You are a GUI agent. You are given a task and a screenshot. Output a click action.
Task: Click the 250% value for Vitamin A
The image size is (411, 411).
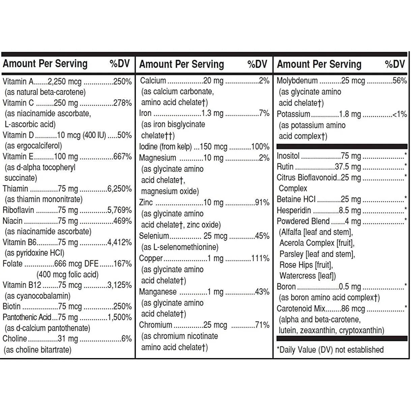[122, 81]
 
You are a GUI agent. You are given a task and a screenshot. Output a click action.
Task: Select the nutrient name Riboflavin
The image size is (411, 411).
[18, 210]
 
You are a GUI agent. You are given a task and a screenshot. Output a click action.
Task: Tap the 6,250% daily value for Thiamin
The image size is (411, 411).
[119, 189]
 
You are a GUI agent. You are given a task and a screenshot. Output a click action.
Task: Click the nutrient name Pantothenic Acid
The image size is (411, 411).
[27, 317]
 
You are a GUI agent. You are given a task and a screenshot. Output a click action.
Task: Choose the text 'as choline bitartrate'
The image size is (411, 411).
[37, 350]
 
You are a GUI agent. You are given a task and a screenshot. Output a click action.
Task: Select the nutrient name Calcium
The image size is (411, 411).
[153, 81]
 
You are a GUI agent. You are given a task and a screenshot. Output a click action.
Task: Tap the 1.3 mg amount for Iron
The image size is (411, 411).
[212, 113]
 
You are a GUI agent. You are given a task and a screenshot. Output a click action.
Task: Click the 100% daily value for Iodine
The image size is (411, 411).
[260, 147]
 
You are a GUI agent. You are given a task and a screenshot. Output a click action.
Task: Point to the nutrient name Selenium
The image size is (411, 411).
[154, 236]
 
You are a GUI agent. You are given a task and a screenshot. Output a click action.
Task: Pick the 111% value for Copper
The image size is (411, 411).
[260, 259]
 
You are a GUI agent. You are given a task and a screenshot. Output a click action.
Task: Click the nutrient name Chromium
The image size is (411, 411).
[156, 325]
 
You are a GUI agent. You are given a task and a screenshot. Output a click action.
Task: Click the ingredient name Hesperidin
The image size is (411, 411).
[294, 210]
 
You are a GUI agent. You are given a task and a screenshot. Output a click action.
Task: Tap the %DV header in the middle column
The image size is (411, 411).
[257, 64]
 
